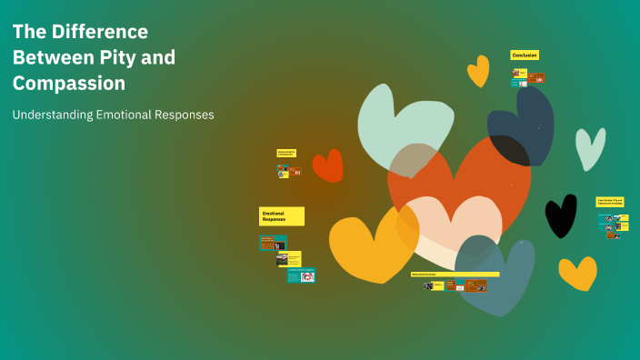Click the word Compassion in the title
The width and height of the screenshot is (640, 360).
tap(69, 84)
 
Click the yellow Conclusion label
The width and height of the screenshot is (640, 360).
tap(525, 55)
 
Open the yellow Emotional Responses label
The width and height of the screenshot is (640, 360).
tap(282, 215)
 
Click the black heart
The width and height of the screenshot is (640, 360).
tap(560, 215)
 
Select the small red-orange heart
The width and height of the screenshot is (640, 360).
tap(327, 165)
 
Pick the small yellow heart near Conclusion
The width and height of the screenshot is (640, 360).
tap(478, 70)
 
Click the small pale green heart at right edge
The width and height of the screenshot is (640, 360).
tap(589, 147)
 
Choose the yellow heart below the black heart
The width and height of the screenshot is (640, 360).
tap(577, 272)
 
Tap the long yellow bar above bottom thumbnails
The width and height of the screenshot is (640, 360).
tap(455, 274)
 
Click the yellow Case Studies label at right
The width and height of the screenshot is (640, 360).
tap(610, 201)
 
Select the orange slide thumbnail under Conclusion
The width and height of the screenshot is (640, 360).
tap(536, 78)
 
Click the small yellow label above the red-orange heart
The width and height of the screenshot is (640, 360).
tap(286, 154)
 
